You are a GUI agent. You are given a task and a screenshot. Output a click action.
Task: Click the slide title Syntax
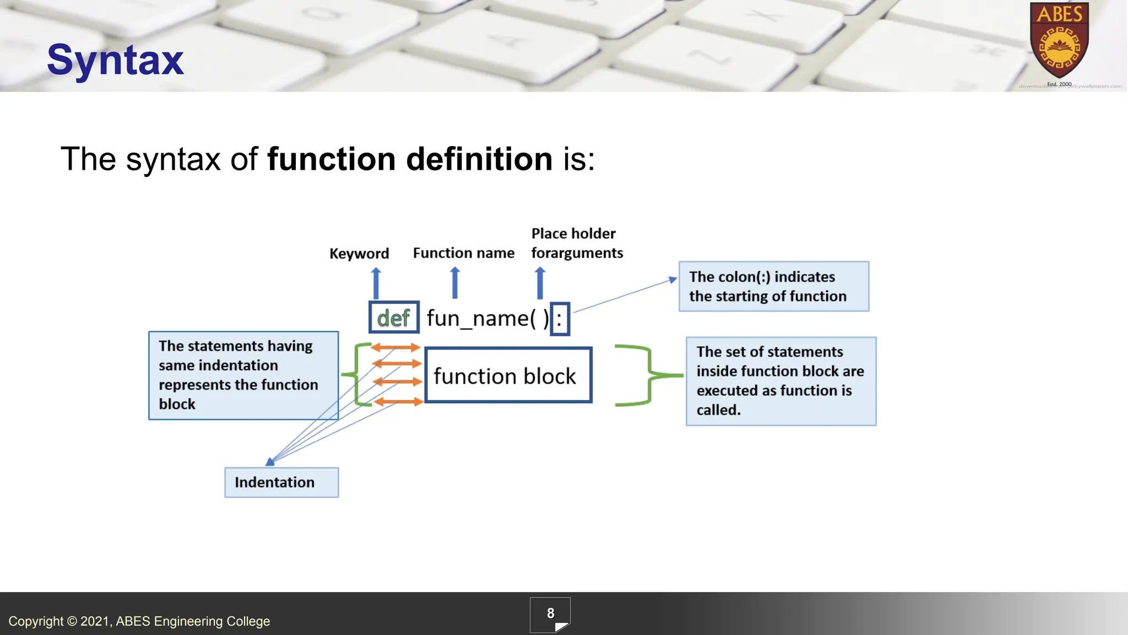pyautogui.click(x=115, y=60)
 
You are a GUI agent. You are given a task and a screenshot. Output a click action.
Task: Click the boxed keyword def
pyautogui.click(x=394, y=317)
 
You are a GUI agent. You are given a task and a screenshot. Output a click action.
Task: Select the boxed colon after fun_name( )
pyautogui.click(x=560, y=319)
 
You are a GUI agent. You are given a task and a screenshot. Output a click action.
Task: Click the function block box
pyautogui.click(x=508, y=375)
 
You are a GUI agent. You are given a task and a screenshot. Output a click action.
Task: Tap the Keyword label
pyautogui.click(x=359, y=254)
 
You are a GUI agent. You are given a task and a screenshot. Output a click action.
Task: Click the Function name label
pyautogui.click(x=463, y=253)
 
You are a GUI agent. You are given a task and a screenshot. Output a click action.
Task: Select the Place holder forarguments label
pyautogui.click(x=577, y=243)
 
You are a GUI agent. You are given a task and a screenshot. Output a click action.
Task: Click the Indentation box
pyautogui.click(x=281, y=482)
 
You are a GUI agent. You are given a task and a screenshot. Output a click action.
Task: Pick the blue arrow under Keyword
pyautogui.click(x=376, y=283)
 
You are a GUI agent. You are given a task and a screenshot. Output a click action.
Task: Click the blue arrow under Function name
pyautogui.click(x=455, y=283)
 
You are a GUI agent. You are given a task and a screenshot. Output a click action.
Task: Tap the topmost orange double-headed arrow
pyautogui.click(x=395, y=347)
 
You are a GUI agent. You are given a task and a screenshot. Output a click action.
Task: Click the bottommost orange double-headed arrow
pyautogui.click(x=398, y=402)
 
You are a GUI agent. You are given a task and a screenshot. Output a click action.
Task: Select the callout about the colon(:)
pyautogui.click(x=773, y=287)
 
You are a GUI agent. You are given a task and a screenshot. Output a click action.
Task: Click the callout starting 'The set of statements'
pyautogui.click(x=780, y=381)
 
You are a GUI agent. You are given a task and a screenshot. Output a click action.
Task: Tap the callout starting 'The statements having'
pyautogui.click(x=243, y=375)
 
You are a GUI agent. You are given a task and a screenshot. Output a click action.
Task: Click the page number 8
pyautogui.click(x=550, y=614)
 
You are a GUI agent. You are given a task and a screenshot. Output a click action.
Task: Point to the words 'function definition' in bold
pyautogui.click(x=409, y=159)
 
